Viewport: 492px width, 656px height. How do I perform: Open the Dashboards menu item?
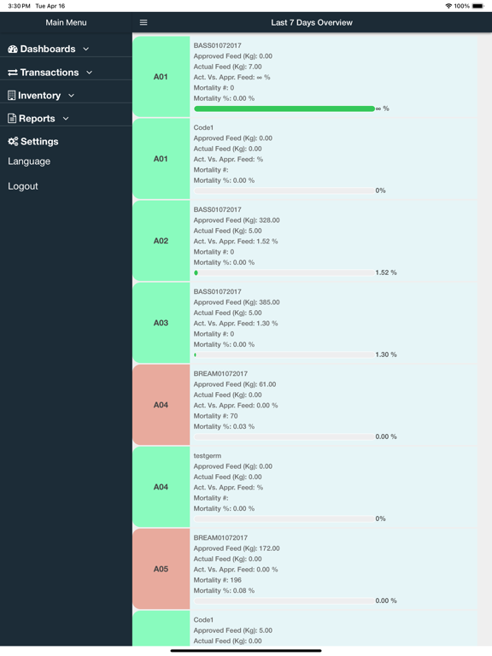(48, 49)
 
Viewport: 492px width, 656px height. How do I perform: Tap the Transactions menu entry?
(50, 73)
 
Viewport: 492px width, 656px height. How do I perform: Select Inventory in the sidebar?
(41, 96)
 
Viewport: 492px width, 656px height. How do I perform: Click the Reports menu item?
(38, 119)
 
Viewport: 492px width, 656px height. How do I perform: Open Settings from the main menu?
(33, 142)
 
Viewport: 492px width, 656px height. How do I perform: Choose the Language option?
(29, 161)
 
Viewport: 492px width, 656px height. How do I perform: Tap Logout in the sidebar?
(22, 186)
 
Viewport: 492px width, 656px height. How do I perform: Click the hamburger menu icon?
(143, 22)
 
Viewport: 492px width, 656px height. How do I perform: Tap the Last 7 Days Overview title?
(312, 22)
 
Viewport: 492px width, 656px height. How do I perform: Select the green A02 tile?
(161, 241)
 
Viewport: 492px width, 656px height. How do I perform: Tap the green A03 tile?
(161, 323)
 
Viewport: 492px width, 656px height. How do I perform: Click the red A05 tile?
(161, 569)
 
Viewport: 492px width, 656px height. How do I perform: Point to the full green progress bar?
(284, 108)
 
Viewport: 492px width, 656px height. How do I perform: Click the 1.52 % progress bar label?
(386, 272)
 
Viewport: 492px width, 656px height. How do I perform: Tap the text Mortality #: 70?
(215, 416)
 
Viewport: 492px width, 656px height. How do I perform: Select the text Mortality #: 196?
(218, 580)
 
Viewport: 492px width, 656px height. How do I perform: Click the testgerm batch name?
(207, 455)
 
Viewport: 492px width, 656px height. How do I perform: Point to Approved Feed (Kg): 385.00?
(237, 302)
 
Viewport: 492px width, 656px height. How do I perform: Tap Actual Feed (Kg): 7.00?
(227, 67)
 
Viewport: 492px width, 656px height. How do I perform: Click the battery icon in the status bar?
(478, 6)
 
